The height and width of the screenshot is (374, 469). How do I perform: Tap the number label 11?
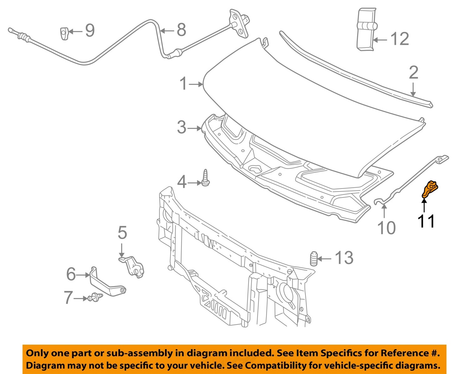click(x=426, y=221)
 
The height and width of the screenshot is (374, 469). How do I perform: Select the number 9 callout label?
click(x=90, y=31)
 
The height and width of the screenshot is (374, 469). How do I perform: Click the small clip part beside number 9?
click(x=64, y=33)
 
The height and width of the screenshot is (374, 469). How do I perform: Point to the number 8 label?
click(x=181, y=30)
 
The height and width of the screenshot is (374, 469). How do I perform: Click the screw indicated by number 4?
click(x=206, y=178)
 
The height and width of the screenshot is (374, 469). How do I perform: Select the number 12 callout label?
click(x=399, y=39)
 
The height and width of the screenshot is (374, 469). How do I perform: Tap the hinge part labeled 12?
click(x=366, y=29)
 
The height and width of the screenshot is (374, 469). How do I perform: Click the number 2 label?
click(x=413, y=72)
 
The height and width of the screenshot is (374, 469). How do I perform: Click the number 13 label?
click(x=344, y=258)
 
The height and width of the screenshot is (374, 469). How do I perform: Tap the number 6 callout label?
click(x=71, y=274)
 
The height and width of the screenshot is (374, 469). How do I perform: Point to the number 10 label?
click(x=386, y=228)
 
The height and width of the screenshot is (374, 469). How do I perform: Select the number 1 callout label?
click(x=184, y=84)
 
